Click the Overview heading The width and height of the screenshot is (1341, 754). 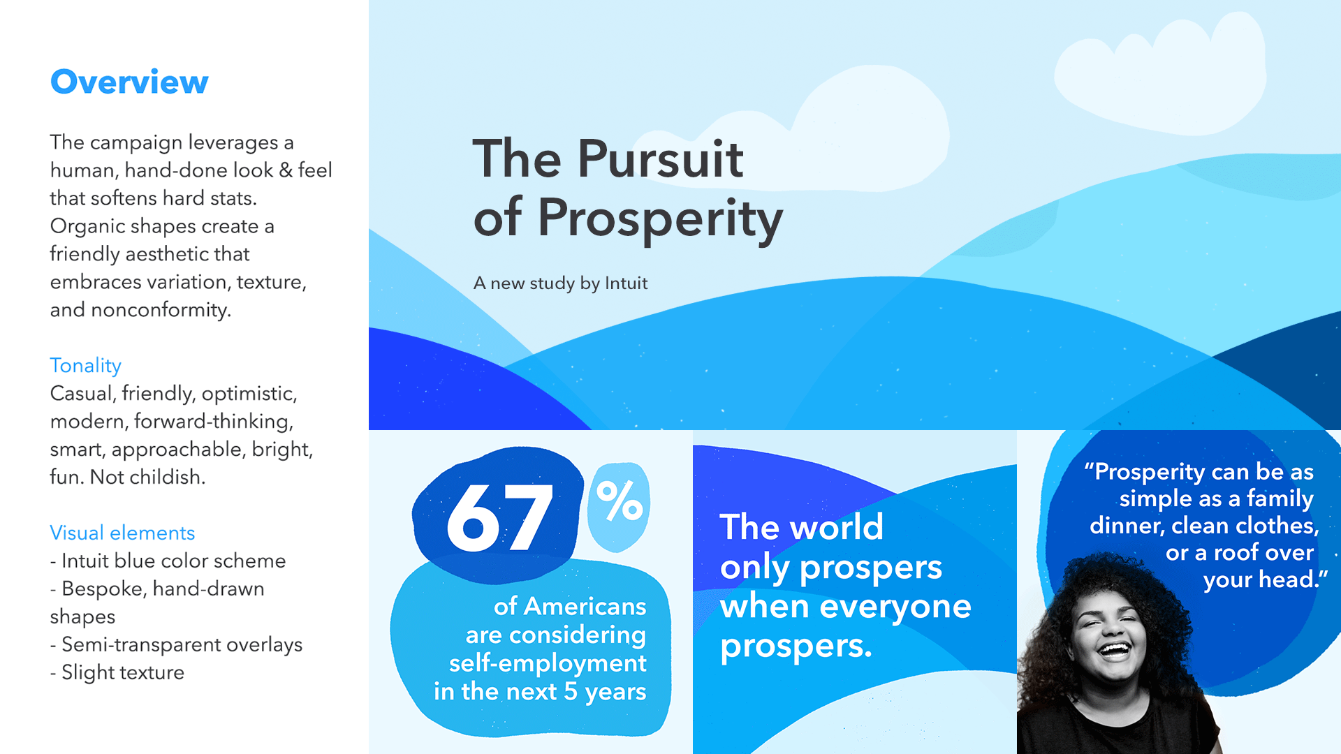point(129,82)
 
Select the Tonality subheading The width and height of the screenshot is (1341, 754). point(86,366)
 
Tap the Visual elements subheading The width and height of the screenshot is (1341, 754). point(122,533)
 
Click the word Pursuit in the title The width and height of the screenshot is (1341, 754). point(660,158)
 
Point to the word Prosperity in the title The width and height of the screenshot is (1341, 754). point(660,219)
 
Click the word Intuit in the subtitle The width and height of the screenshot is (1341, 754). point(626,283)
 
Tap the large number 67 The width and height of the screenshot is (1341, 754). point(500,517)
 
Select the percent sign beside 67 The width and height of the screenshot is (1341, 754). point(620,501)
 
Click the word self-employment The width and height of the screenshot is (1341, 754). point(548,663)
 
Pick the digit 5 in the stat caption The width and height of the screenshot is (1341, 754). point(571,691)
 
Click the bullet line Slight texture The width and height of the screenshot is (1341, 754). point(117,672)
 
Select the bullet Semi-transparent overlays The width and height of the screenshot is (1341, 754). point(176,645)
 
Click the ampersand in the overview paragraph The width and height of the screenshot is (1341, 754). point(286,170)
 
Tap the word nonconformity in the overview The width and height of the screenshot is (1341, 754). point(159,310)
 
